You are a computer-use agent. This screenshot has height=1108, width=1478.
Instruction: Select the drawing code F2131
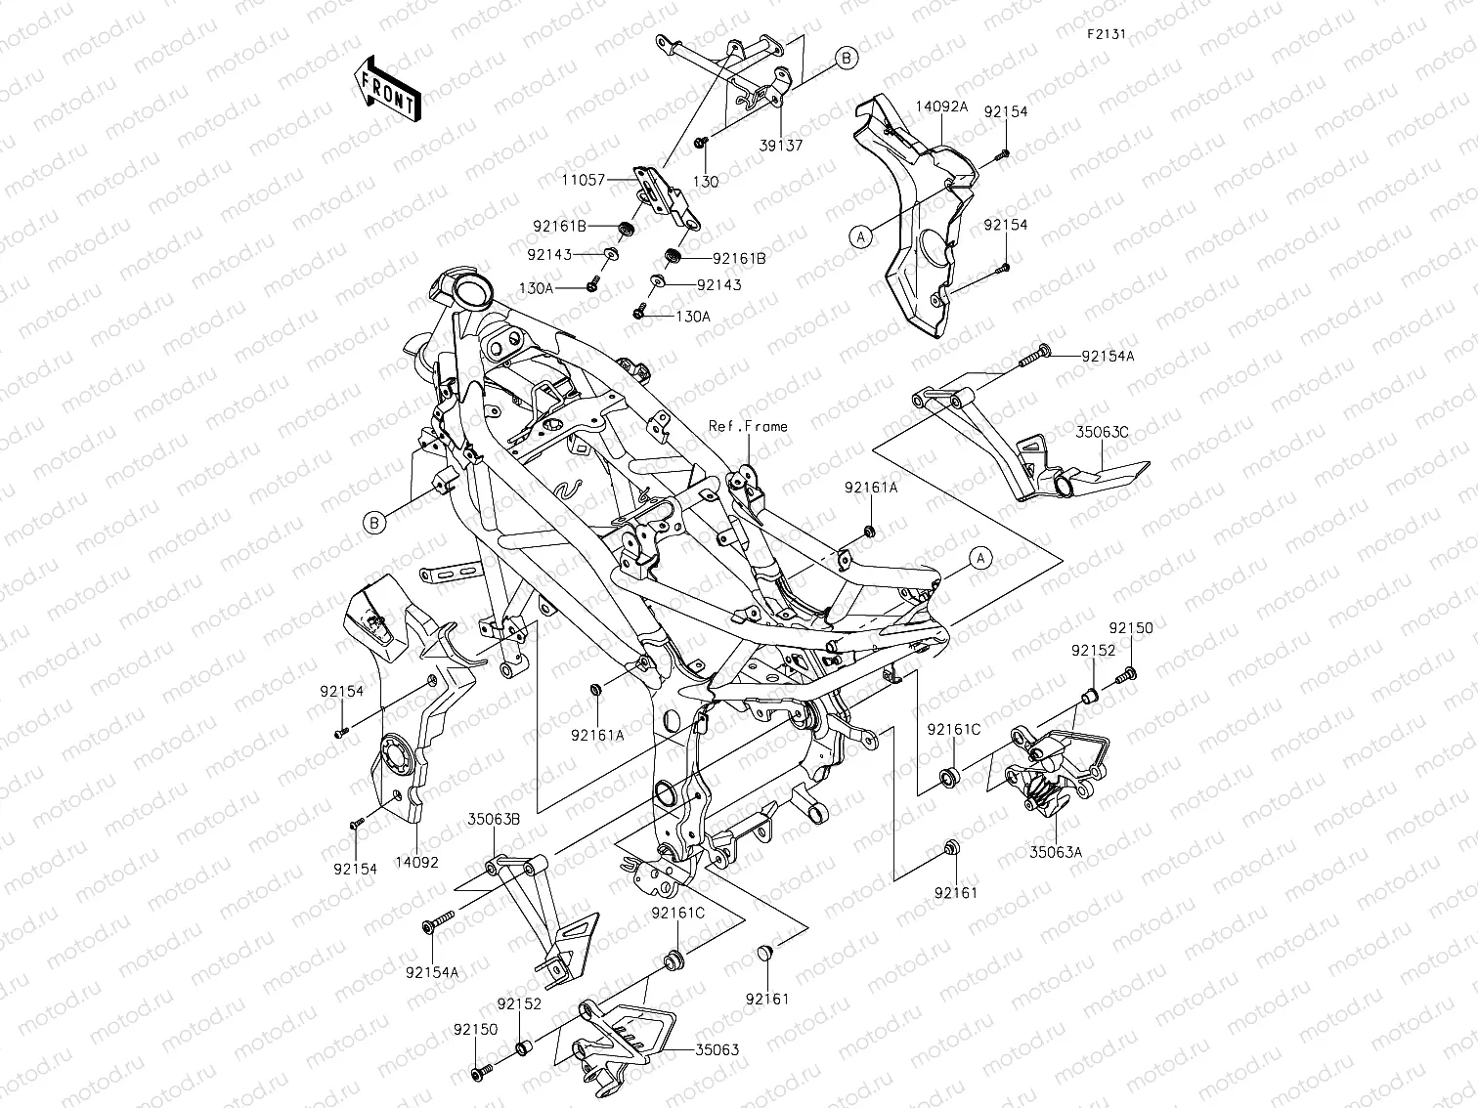click(1106, 33)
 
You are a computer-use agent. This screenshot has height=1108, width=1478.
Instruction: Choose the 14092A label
click(941, 107)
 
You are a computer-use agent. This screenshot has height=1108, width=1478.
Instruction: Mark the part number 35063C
click(1103, 430)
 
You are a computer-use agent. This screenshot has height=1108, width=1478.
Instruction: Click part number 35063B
click(493, 819)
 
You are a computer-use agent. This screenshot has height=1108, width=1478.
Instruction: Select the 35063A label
click(1056, 852)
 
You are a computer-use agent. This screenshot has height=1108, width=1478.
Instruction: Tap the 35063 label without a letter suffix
click(717, 1050)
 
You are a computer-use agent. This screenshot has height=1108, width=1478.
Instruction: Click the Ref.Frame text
click(748, 426)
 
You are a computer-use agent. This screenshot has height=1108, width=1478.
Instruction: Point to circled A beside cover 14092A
click(861, 235)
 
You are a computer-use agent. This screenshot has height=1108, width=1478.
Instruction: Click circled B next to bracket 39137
click(847, 59)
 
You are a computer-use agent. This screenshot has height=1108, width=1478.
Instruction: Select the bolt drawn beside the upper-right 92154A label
click(1033, 359)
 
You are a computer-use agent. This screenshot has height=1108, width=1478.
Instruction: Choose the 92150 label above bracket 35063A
click(1130, 628)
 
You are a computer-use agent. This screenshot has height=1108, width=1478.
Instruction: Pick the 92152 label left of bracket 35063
click(518, 1003)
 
